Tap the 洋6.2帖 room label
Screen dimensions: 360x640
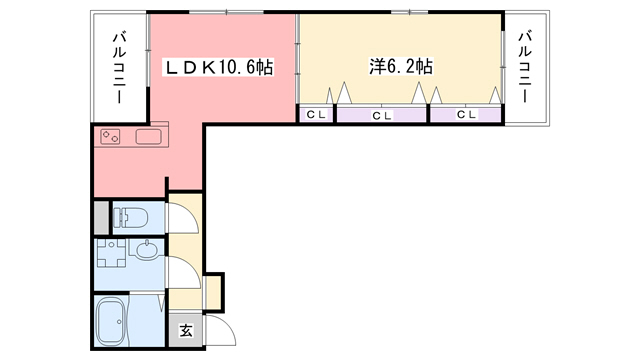click(x=400, y=68)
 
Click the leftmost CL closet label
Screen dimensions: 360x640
click(x=316, y=115)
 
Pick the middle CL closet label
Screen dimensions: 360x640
click(x=382, y=115)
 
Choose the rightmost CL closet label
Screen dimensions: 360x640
click(x=466, y=115)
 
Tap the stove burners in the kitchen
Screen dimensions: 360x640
click(x=111, y=137)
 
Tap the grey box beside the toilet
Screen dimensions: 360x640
click(x=100, y=216)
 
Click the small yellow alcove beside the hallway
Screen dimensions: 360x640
click(x=213, y=290)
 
